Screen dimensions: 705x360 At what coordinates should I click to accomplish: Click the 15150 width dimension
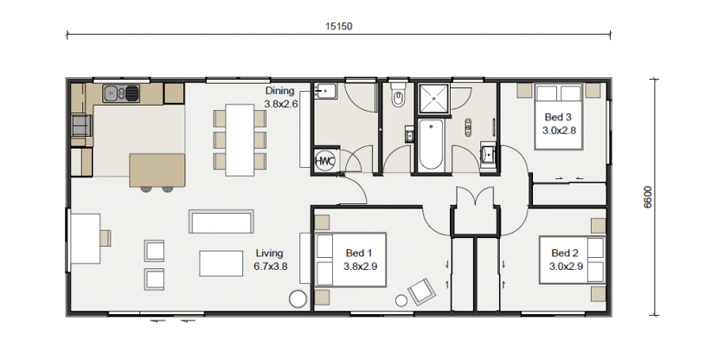[339, 26]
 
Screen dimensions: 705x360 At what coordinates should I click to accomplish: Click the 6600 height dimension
[648, 197]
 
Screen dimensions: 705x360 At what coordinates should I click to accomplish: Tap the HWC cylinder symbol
[324, 161]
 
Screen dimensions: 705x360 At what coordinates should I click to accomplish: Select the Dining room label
[279, 91]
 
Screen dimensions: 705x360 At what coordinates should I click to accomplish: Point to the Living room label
[270, 254]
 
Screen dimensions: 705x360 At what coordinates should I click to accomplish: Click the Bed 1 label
[359, 254]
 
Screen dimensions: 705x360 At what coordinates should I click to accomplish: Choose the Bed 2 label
[565, 254]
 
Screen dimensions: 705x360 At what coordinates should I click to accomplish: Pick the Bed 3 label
[558, 118]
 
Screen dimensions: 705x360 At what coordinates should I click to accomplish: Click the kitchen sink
[121, 93]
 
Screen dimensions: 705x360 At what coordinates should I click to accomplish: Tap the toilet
[398, 96]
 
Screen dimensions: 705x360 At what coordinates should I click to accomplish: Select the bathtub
[431, 145]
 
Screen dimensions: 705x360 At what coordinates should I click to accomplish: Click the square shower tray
[433, 99]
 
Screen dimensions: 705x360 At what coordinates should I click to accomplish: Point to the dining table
[240, 140]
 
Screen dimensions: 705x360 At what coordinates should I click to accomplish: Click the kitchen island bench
[157, 170]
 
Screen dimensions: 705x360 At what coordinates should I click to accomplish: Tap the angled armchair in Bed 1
[422, 292]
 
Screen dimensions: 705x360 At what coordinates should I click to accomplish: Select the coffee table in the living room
[221, 263]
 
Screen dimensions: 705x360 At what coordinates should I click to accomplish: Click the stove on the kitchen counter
[81, 125]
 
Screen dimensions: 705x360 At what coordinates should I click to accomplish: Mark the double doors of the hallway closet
[475, 196]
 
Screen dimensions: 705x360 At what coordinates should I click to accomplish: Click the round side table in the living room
[298, 299]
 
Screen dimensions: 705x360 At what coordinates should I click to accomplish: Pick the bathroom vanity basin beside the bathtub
[488, 154]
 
